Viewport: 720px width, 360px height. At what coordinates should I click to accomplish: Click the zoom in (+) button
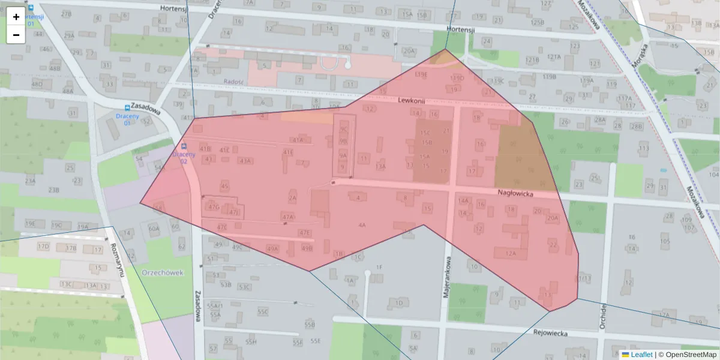(x=16, y=17)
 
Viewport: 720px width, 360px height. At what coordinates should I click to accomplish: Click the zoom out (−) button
(x=16, y=35)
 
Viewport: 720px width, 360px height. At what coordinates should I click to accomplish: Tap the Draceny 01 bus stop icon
(x=127, y=108)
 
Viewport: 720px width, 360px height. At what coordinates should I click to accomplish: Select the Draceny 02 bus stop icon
(x=184, y=146)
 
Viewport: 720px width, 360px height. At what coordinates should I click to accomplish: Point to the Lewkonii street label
(x=411, y=101)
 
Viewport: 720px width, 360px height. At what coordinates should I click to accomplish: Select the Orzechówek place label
(x=163, y=272)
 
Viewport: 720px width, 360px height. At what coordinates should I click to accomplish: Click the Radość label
(x=232, y=82)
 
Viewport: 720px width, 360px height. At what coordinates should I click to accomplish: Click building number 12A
(x=511, y=254)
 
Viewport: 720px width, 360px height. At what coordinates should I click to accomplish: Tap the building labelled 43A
(x=244, y=161)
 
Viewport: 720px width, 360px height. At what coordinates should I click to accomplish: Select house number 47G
(x=213, y=206)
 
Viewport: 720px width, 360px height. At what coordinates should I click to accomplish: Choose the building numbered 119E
(x=421, y=74)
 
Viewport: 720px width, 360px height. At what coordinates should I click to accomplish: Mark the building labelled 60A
(x=154, y=229)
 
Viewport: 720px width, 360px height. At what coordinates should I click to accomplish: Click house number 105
(x=665, y=241)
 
